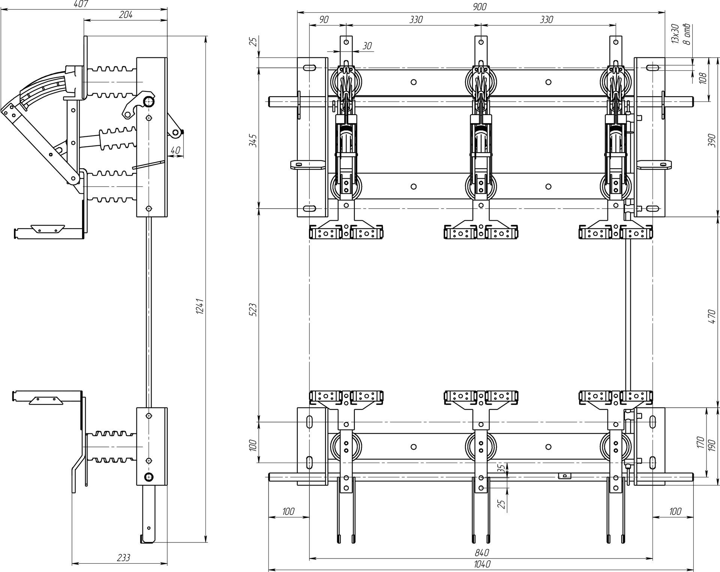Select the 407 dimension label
point(81,4)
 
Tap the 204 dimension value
point(126,15)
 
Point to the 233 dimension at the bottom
point(123,558)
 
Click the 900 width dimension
point(480,7)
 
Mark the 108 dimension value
point(703,78)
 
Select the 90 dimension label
point(324,19)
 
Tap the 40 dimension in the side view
point(175,150)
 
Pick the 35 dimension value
point(499,468)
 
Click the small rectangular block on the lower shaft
point(564,476)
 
